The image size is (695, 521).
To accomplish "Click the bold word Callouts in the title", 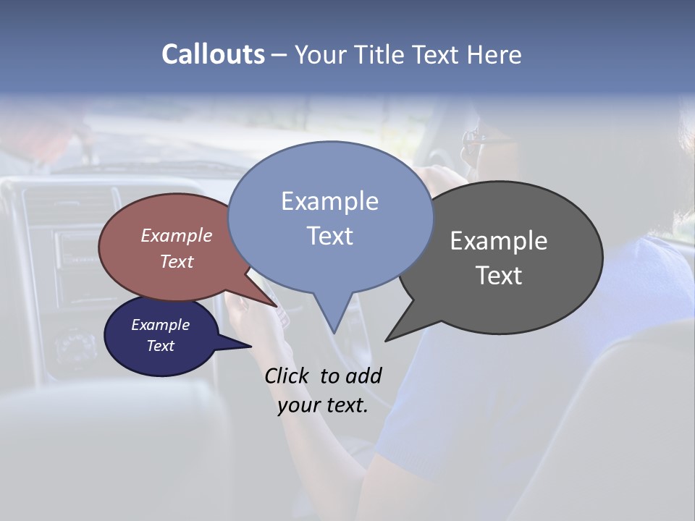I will coord(213,54).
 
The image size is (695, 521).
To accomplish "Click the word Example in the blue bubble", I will coord(329,201).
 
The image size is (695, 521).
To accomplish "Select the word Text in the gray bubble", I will coord(499,276).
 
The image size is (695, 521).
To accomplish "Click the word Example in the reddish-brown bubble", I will coord(177,235).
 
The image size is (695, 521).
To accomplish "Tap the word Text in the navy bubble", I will coord(161,346).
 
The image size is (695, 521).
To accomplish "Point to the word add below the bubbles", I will coord(363,376).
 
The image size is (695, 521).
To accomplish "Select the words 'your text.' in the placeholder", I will coord(323,405).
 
